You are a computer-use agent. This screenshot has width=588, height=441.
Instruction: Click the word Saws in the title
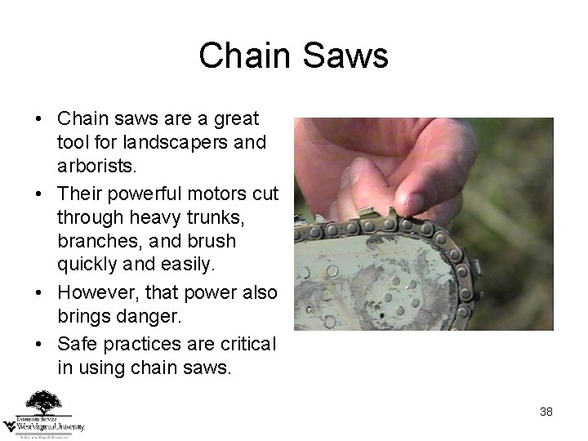(x=349, y=56)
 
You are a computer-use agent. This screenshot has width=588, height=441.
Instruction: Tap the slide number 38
(x=546, y=412)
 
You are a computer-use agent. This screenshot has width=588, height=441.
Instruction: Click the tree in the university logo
(x=42, y=403)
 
